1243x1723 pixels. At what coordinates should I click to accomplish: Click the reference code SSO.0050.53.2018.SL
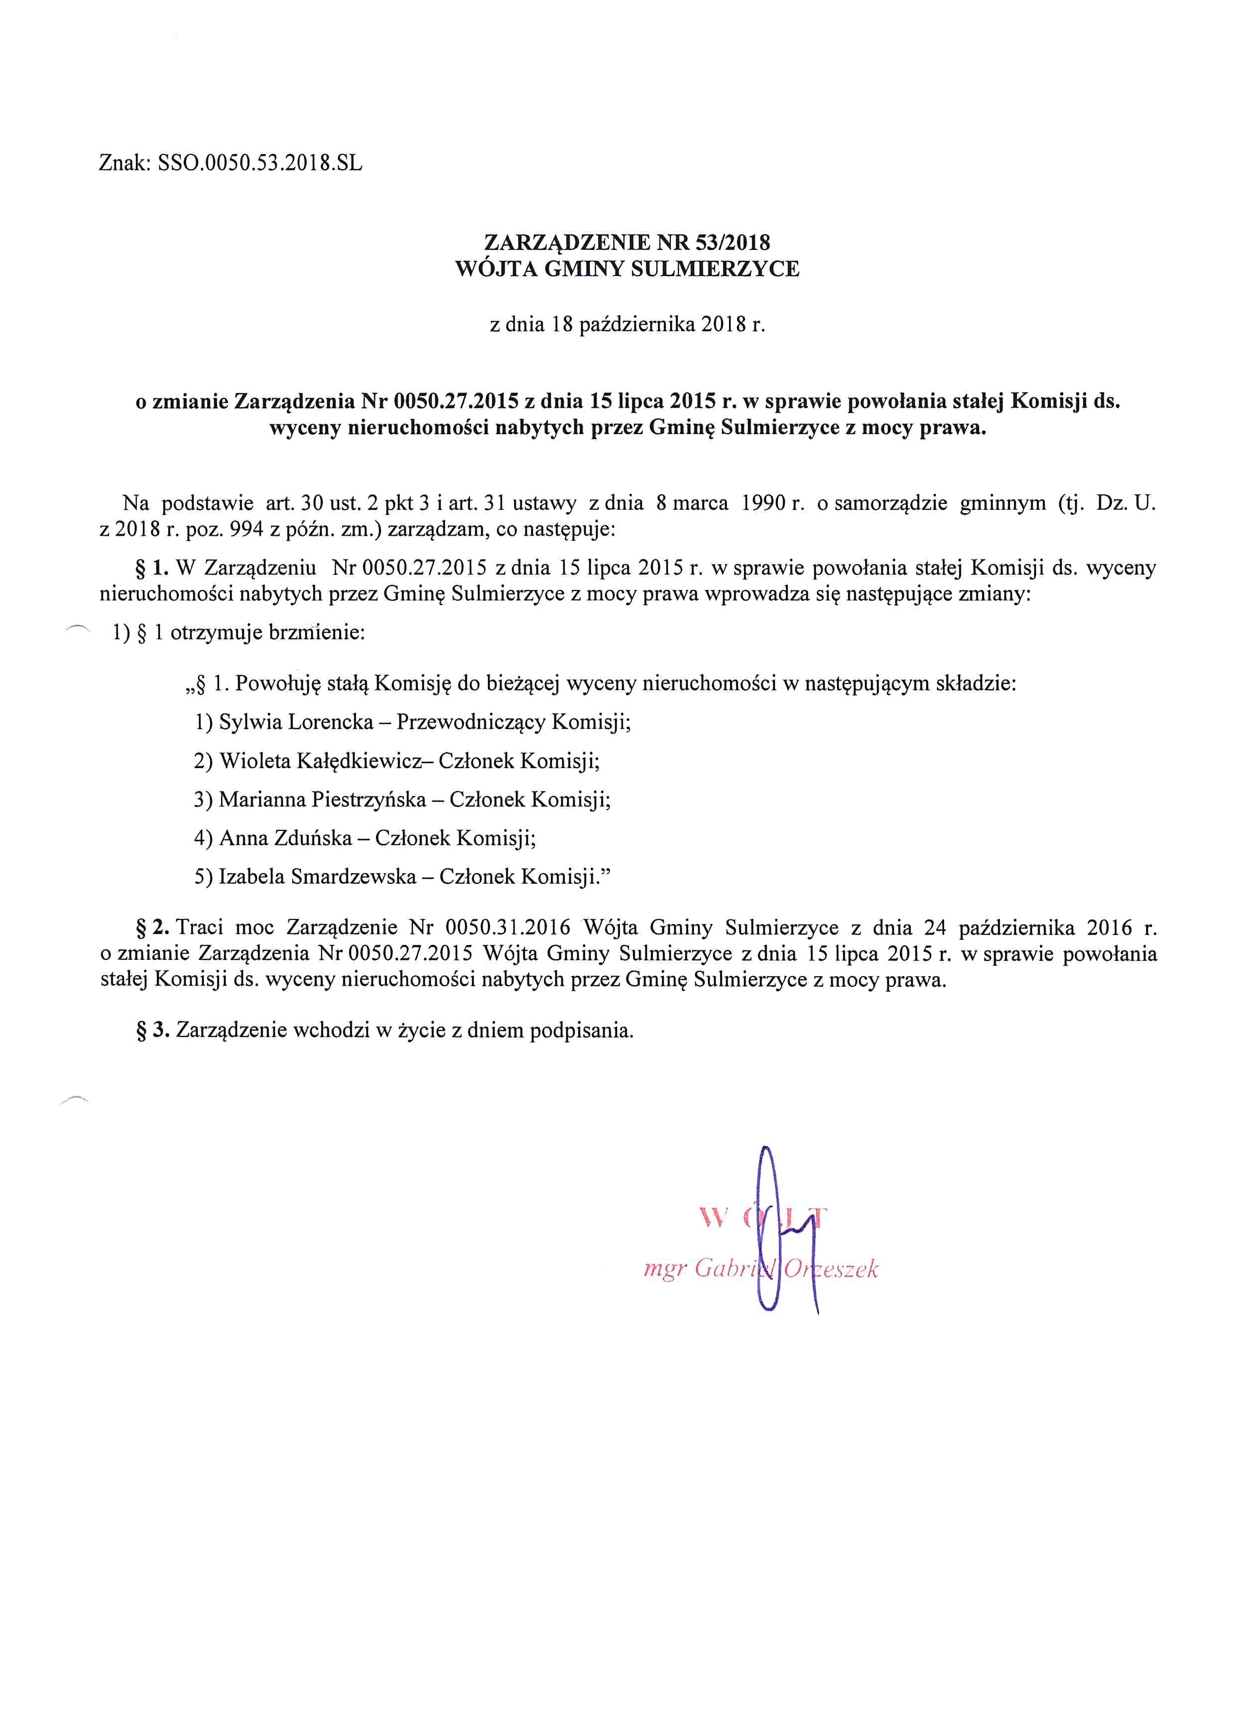[260, 163]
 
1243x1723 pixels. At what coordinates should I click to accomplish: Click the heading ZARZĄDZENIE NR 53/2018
[627, 242]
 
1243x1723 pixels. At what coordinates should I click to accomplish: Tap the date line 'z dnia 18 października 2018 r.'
[627, 325]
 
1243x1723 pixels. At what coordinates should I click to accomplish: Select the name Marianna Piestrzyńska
[322, 799]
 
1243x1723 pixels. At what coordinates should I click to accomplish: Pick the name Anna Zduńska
[286, 838]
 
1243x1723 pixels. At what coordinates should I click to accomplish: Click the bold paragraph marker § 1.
[152, 568]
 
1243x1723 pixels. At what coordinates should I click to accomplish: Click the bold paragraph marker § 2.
[152, 927]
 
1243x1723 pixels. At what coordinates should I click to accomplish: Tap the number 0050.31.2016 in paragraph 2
[507, 927]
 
